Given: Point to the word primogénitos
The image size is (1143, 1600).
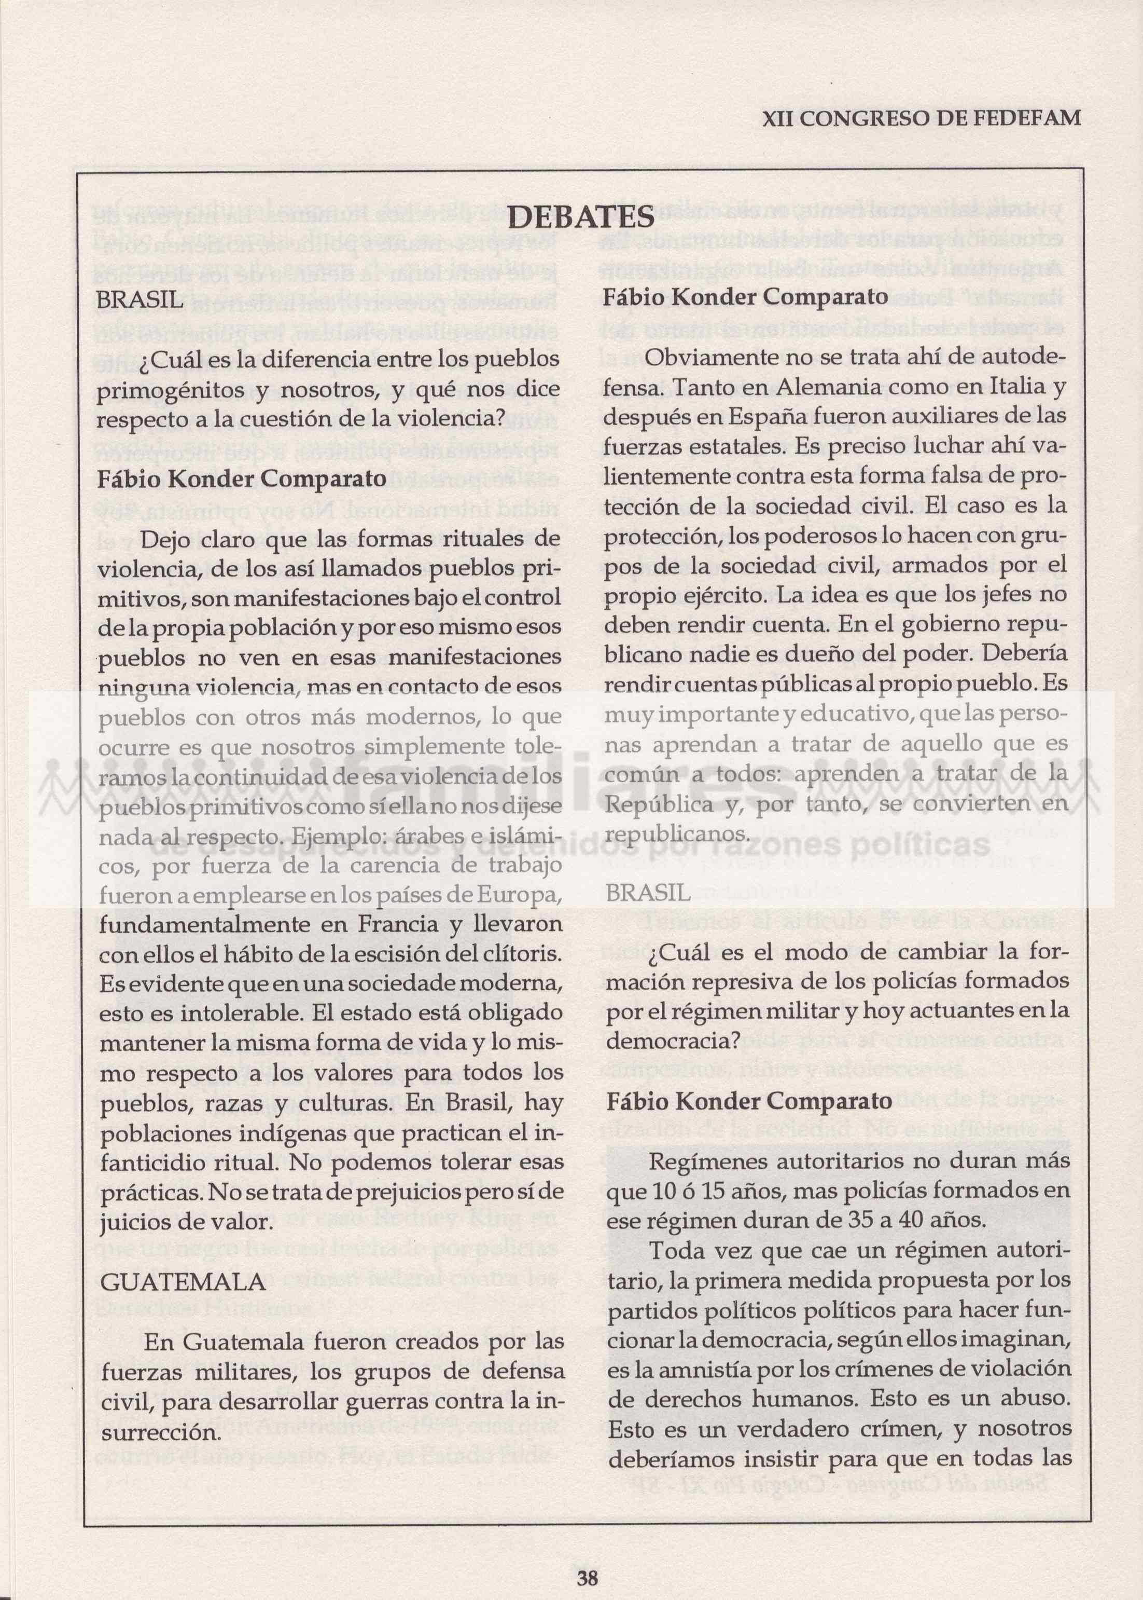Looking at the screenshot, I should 165,389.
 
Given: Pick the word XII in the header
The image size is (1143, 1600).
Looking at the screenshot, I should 779,119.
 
